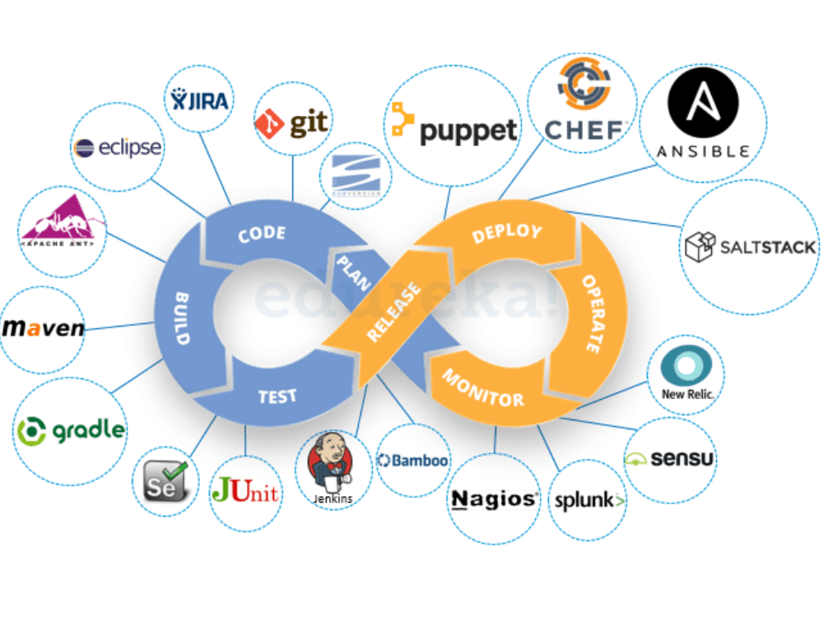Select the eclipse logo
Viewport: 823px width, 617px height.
118,148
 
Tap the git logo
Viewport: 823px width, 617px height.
292,123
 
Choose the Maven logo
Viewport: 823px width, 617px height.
44,328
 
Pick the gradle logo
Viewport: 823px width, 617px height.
72,429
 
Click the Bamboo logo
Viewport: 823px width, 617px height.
413,460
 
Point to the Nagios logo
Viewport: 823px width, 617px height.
495,499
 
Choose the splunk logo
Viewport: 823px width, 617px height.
590,499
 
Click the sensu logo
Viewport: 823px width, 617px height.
670,458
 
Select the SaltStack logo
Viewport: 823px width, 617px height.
750,247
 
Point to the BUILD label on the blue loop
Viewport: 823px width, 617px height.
183,318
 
